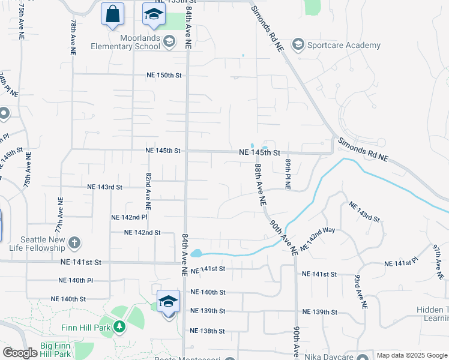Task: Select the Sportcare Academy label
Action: pyautogui.click(x=344, y=45)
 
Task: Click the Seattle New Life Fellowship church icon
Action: pyautogui.click(x=74, y=243)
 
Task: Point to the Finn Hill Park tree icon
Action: pyautogui.click(x=120, y=327)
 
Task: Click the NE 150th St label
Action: pyautogui.click(x=164, y=76)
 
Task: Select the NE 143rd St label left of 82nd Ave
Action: pyautogui.click(x=104, y=187)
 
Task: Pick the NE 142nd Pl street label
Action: pyautogui.click(x=129, y=217)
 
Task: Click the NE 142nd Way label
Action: pyautogui.click(x=318, y=238)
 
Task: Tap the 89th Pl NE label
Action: pyautogui.click(x=288, y=174)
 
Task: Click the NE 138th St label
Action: pyautogui.click(x=207, y=331)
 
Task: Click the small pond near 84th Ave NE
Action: pyautogui.click(x=196, y=254)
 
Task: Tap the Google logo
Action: pyautogui.click(x=20, y=353)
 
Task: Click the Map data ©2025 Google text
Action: pyautogui.click(x=412, y=356)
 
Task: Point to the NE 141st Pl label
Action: pyautogui.click(x=400, y=263)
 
